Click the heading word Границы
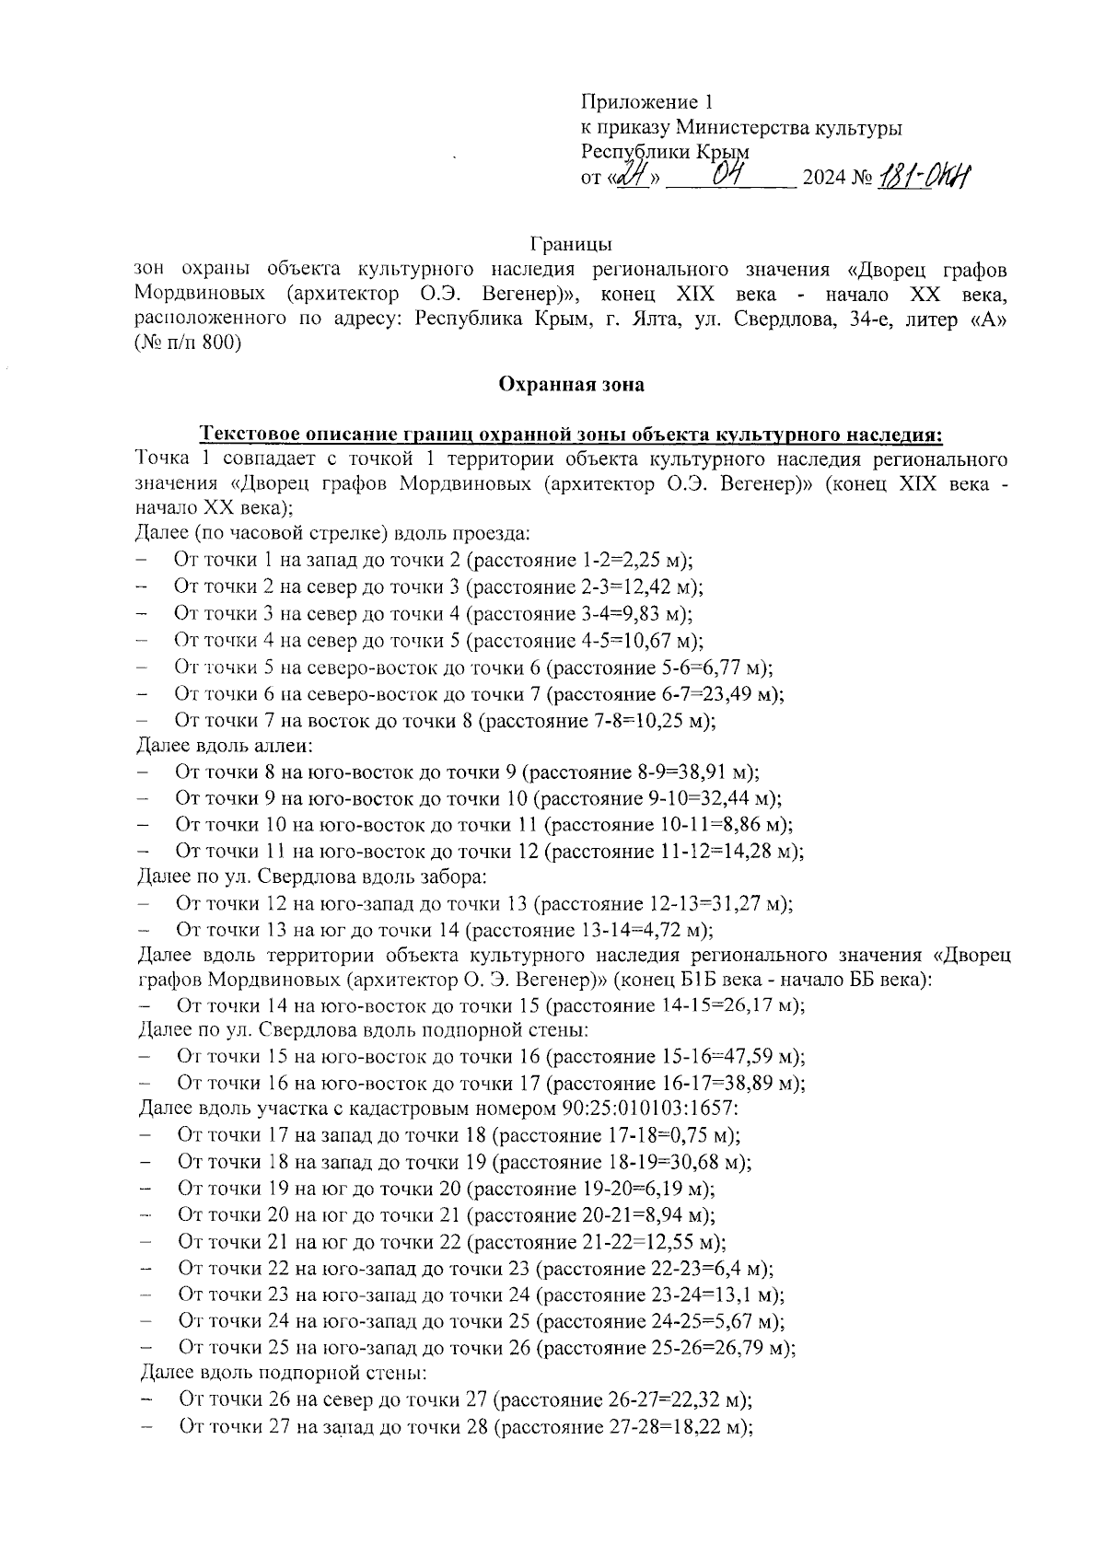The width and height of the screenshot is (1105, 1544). pyautogui.click(x=571, y=245)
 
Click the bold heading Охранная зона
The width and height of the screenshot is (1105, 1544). pyautogui.click(x=571, y=385)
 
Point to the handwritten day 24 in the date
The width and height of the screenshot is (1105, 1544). pyautogui.click(x=632, y=175)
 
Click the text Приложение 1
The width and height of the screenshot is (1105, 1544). pyautogui.click(x=647, y=101)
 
